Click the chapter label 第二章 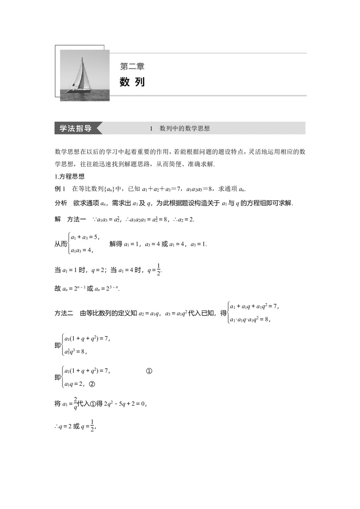pos(132,67)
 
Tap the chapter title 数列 pos(132,82)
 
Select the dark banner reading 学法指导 pos(76,129)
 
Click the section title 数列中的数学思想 pos(185,129)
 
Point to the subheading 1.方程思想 pos(69,176)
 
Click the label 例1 pos(60,189)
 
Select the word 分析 pos(61,203)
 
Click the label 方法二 pos(64,313)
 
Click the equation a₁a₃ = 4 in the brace pos(82,251)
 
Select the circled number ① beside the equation pos(149,371)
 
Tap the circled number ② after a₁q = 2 pos(92,384)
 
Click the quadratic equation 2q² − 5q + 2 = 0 pos(125,404)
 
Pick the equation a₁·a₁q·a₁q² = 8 pos(250,319)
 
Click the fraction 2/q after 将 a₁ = pos(75,404)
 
